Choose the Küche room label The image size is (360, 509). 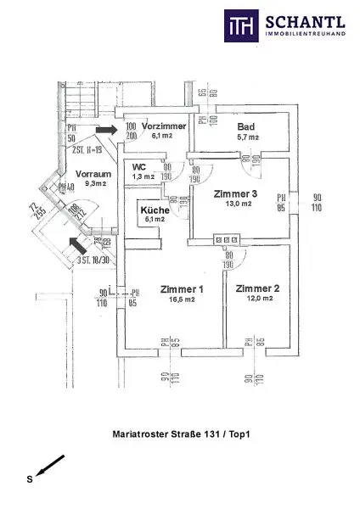[x=156, y=210]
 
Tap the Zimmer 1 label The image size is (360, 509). [x=182, y=289]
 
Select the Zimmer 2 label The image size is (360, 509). [x=257, y=289]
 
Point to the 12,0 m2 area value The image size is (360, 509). [x=257, y=299]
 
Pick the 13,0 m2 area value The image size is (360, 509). [x=239, y=204]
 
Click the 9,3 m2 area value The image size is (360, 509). [x=91, y=182]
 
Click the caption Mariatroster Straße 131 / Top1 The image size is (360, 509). [x=179, y=433]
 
